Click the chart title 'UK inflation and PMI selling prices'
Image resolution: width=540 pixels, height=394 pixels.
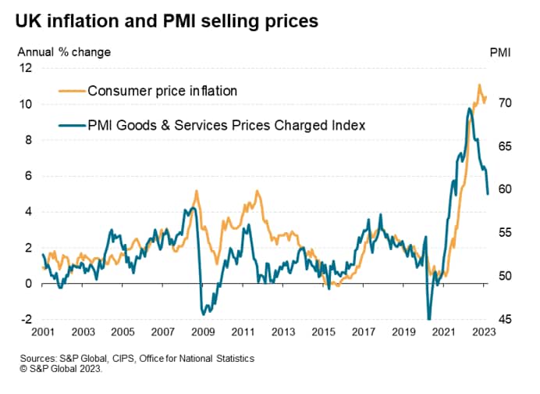(165, 21)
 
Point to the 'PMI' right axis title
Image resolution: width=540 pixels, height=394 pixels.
(500, 52)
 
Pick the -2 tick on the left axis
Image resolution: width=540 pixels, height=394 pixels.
(25, 319)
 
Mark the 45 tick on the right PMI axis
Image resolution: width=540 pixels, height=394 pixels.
(505, 319)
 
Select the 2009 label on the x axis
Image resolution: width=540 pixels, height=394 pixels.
(201, 331)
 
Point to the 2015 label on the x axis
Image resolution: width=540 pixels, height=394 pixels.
(323, 331)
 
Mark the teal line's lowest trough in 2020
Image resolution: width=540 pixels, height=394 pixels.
(428, 318)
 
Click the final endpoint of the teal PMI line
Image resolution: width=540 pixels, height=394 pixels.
(488, 194)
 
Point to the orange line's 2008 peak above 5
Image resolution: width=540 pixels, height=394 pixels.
(196, 191)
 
